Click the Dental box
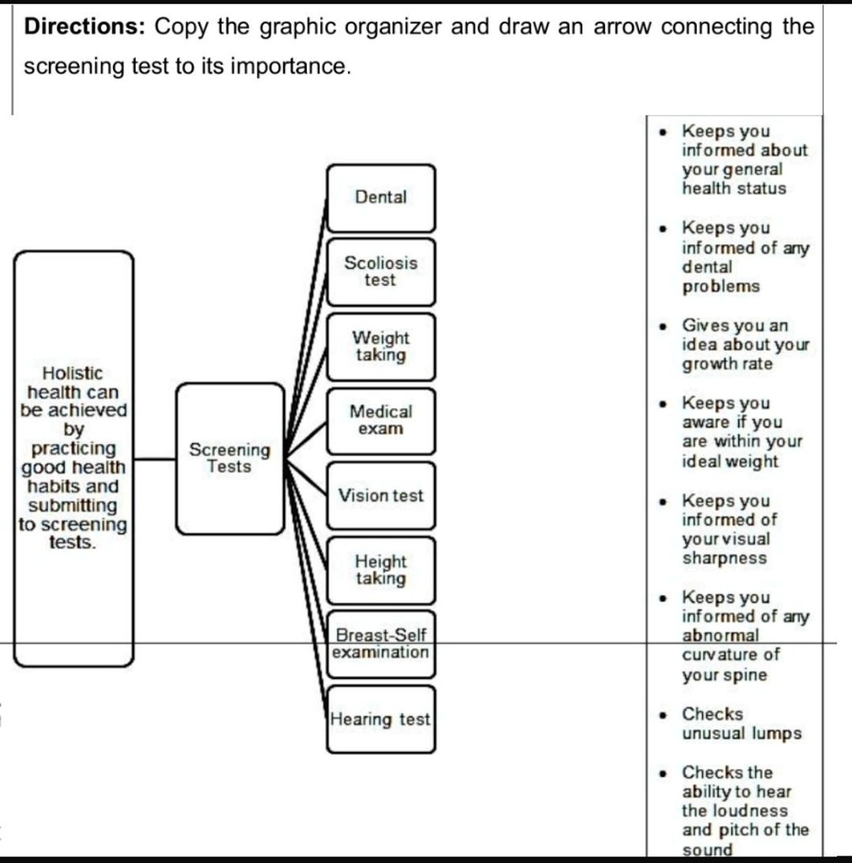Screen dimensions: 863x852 [x=381, y=198]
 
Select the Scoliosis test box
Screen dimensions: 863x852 [x=381, y=271]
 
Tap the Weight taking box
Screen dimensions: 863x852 [x=381, y=346]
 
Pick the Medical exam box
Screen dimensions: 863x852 [x=381, y=420]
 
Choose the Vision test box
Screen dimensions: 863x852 [x=381, y=496]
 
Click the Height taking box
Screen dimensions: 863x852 [x=381, y=570]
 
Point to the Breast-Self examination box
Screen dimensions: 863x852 [x=381, y=644]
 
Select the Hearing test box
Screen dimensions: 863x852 [x=381, y=720]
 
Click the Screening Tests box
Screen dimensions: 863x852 [x=229, y=458]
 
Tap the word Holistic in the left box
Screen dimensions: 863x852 [x=72, y=373]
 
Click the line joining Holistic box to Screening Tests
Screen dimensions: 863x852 [x=154, y=459]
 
